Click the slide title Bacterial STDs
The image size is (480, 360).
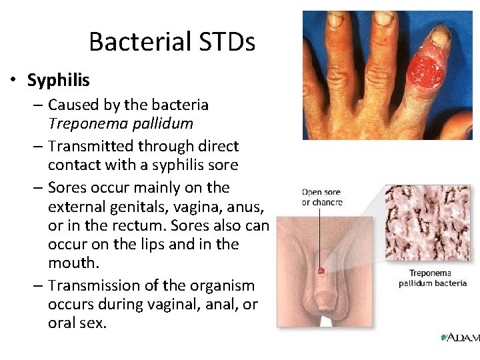coord(171,43)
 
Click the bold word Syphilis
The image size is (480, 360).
coord(58,81)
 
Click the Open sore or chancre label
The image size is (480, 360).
coord(322,197)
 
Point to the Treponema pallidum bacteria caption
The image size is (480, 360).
coord(433,278)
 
